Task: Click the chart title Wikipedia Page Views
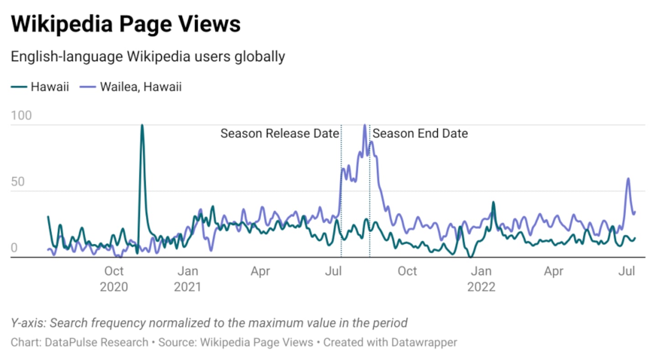coord(125,24)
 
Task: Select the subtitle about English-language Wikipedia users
coord(148,57)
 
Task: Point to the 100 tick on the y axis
coord(21,116)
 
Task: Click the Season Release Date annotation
coord(280,134)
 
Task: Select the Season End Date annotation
coord(420,134)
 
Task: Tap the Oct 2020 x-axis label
coord(114,279)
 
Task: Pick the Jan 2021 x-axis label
coord(187,279)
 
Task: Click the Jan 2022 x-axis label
coord(481,279)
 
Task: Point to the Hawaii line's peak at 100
coord(142,125)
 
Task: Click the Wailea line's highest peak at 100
coord(364,125)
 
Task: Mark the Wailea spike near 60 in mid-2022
coord(628,179)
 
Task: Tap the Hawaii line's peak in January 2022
coord(493,202)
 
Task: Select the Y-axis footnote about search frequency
coord(209,323)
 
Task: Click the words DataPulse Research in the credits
coord(97,342)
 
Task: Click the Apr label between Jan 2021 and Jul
coord(261,272)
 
